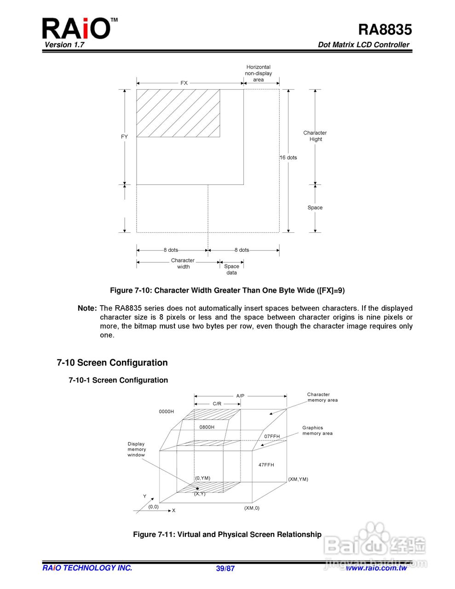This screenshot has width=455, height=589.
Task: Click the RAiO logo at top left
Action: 77,29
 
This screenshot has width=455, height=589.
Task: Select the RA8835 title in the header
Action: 385,29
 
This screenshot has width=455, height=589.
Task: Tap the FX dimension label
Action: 184,83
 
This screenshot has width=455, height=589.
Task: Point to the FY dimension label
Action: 124,137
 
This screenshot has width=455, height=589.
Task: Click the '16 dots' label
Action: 288,157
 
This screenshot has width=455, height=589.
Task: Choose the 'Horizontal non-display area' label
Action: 258,73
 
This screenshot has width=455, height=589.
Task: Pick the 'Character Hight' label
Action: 315,136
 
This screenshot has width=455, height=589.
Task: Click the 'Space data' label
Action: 231,269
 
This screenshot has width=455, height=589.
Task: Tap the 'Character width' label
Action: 183,263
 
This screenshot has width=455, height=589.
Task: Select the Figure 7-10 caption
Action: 227,290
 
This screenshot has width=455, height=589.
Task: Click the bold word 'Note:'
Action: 87,308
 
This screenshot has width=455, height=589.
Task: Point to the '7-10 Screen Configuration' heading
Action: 112,363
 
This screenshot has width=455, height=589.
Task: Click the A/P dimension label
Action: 240,396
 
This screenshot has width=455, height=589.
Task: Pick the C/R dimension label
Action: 217,404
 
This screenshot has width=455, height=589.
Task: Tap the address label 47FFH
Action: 266,465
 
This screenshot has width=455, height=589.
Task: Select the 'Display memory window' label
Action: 136,450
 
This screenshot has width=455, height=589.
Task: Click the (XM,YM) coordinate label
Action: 298,479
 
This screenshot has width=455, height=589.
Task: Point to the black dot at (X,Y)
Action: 197,488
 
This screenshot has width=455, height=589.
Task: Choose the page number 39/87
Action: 225,568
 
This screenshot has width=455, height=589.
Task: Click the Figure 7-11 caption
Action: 227,534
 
